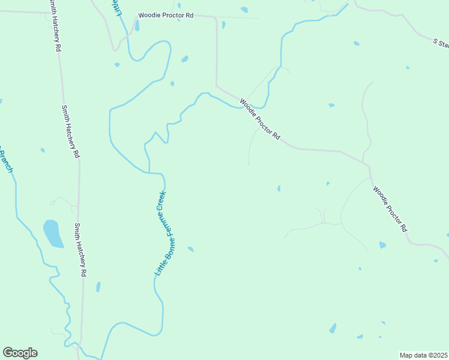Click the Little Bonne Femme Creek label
[160, 233]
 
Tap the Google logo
[20, 353]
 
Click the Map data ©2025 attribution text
[423, 355]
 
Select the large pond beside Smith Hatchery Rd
[53, 233]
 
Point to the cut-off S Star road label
[441, 43]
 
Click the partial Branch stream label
[5, 161]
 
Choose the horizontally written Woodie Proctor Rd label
[166, 16]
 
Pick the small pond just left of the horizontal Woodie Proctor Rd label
[137, 25]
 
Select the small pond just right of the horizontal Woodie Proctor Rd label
[223, 25]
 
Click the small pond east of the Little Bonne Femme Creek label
[191, 248]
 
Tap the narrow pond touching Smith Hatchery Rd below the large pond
[98, 287]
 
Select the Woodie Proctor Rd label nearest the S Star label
[390, 209]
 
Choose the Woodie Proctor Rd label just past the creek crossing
[261, 119]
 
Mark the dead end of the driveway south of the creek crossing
[249, 163]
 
